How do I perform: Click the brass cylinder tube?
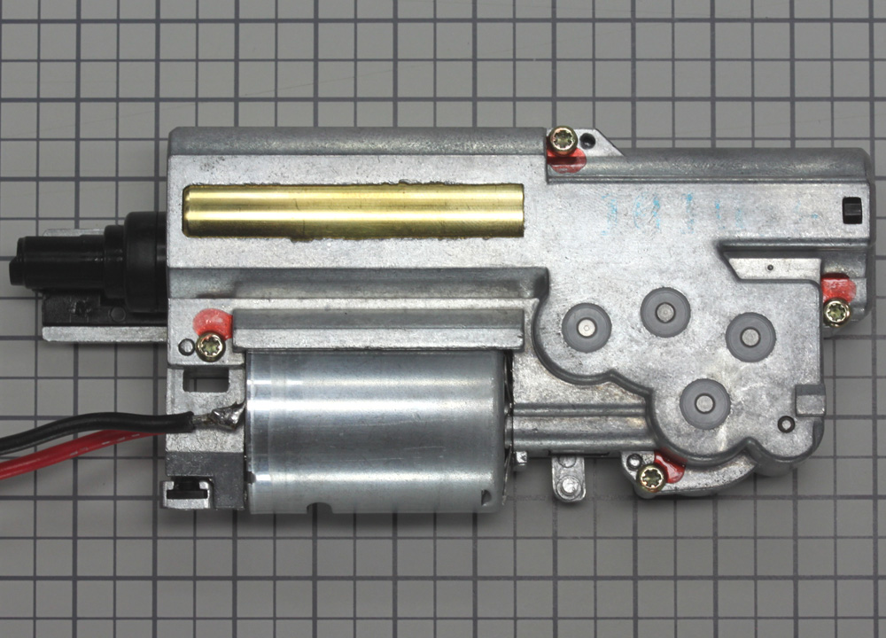pos(352,211)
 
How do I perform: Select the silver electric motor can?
pos(377,430)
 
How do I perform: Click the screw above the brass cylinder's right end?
pos(562,139)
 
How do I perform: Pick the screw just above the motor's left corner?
pos(211,346)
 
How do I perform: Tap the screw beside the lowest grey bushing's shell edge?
pos(651,478)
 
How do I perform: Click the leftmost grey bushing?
pos(586,327)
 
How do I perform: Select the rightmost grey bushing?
pos(750,336)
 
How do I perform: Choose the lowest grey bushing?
pos(704,404)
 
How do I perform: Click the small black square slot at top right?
pos(851,210)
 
